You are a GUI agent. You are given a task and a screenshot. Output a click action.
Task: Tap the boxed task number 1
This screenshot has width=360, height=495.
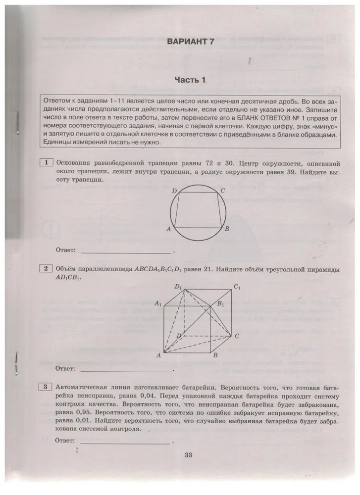click(46, 163)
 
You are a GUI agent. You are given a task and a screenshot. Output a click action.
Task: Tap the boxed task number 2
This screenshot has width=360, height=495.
click(46, 269)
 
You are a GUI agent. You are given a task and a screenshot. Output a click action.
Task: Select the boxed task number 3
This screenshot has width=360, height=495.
click(46, 387)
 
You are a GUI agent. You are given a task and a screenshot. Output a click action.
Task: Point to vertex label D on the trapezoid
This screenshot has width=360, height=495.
click(174, 191)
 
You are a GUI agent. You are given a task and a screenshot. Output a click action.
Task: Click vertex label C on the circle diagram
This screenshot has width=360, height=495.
click(222, 191)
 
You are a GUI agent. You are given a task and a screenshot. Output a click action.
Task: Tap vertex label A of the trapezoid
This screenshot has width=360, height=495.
click(169, 229)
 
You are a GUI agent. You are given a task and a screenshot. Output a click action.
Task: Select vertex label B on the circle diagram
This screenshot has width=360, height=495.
click(227, 229)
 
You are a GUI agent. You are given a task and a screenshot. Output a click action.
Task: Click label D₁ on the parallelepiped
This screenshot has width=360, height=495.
click(178, 287)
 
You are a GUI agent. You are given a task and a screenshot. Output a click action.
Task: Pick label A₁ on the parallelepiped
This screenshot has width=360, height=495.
click(159, 303)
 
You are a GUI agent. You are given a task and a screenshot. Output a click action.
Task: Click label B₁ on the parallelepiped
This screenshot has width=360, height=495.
click(220, 304)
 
